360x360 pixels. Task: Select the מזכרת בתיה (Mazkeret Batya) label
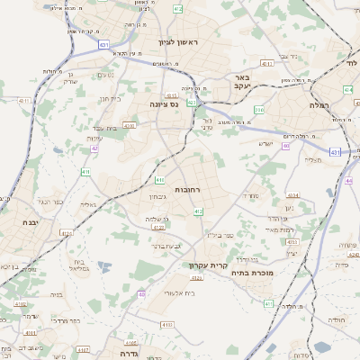251,273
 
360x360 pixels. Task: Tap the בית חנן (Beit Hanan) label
108,98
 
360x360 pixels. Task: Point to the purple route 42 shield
94,148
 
